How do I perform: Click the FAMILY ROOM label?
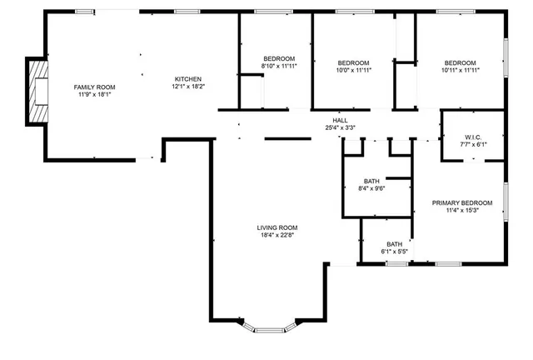[x=94, y=87]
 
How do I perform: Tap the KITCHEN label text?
[x=188, y=78]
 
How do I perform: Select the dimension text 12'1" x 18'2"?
[x=188, y=86]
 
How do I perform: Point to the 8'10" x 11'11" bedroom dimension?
[x=279, y=66]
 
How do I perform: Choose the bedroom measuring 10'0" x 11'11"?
[x=354, y=63]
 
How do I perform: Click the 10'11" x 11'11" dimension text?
[x=460, y=71]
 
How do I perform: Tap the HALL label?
[x=340, y=121]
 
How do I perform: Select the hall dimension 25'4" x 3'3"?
[x=340, y=128]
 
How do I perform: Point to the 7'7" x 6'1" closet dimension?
[x=473, y=144]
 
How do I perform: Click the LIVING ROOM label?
[x=276, y=227]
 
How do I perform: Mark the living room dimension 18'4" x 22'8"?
[x=276, y=235]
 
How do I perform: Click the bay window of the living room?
[x=269, y=329]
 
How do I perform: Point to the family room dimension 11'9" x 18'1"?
[x=94, y=94]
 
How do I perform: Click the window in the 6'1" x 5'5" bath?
[x=396, y=264]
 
